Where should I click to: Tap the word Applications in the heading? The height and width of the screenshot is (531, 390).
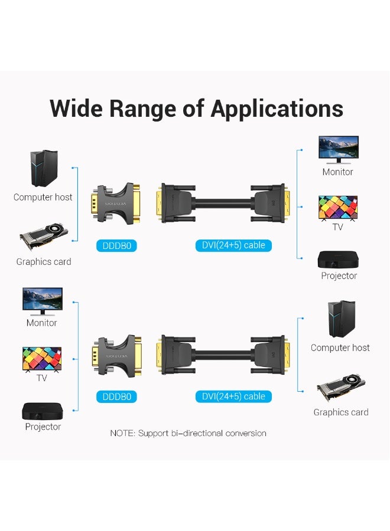[277, 110]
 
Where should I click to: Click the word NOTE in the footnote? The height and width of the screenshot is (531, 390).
[122, 433]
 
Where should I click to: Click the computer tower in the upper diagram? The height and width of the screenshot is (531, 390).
[44, 168]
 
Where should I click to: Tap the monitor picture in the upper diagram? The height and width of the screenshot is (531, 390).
[338, 149]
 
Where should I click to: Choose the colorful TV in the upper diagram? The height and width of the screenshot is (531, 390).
[338, 208]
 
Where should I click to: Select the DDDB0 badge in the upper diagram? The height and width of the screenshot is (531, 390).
[116, 245]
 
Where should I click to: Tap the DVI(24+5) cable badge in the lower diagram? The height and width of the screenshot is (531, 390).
[233, 396]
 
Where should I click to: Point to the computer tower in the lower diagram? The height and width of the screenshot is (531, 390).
[341, 319]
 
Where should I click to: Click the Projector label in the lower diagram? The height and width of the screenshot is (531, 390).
[43, 427]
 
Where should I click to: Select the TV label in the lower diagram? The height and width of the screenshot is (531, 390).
[42, 378]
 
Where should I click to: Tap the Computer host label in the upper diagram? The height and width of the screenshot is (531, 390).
[43, 197]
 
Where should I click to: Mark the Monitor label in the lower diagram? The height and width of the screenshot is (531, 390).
[42, 323]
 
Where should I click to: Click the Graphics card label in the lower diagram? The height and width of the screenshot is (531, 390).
[341, 412]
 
